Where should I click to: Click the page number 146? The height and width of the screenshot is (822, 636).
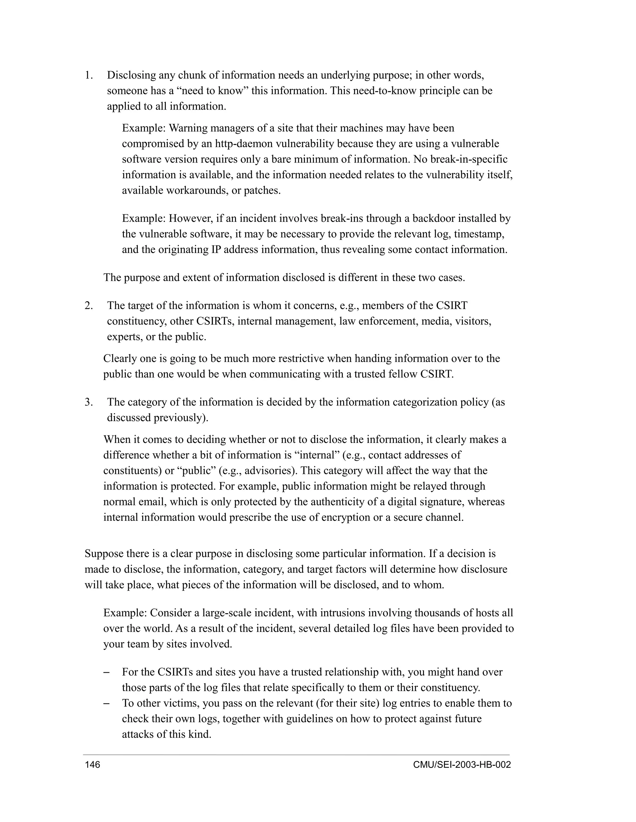click(x=93, y=764)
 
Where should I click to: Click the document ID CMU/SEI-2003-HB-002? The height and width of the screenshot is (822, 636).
click(x=461, y=764)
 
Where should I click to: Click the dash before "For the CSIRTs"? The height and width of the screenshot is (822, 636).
click(x=106, y=672)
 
